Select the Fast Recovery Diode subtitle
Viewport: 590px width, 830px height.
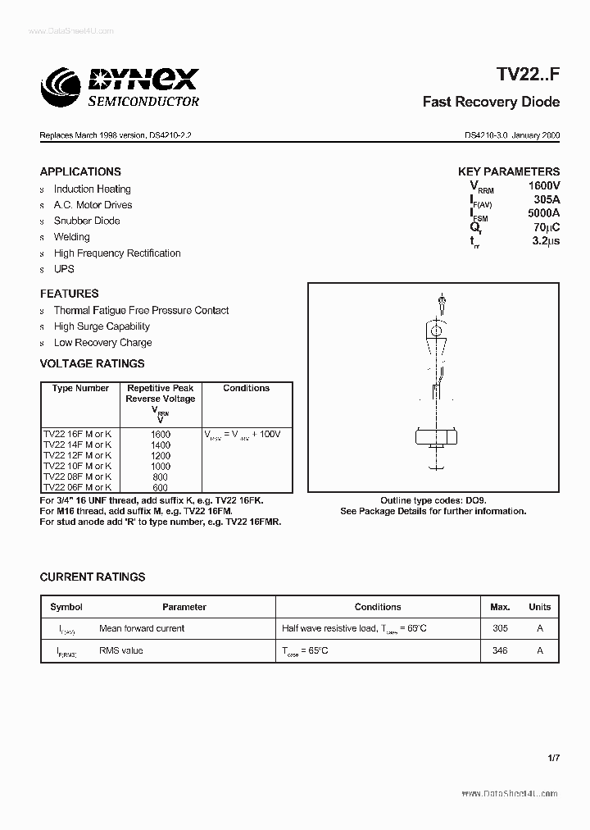point(491,103)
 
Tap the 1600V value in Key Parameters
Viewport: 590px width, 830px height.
point(544,186)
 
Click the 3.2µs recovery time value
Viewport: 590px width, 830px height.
point(545,241)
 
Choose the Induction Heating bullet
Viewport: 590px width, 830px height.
point(92,189)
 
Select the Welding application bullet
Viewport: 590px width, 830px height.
point(71,237)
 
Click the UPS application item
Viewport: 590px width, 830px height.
point(64,269)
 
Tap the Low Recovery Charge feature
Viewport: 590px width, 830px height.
point(102,343)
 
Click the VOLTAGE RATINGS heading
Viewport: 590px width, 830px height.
point(92,363)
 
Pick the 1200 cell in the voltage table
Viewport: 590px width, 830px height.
point(161,455)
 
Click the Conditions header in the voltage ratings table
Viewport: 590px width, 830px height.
point(246,388)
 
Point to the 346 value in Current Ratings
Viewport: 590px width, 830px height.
point(500,650)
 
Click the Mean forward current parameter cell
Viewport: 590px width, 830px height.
point(142,628)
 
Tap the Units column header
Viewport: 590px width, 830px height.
point(539,607)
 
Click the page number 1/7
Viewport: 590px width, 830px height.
point(553,758)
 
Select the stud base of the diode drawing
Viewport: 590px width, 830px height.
point(433,440)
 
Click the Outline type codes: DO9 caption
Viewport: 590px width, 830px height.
point(433,500)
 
